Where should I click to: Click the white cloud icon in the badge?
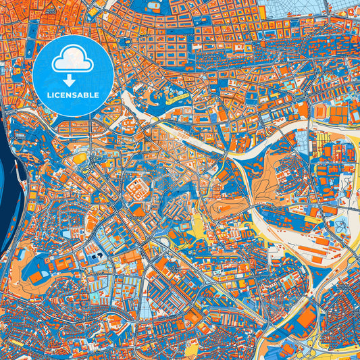(x=72, y=61)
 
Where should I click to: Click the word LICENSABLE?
(x=72, y=95)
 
